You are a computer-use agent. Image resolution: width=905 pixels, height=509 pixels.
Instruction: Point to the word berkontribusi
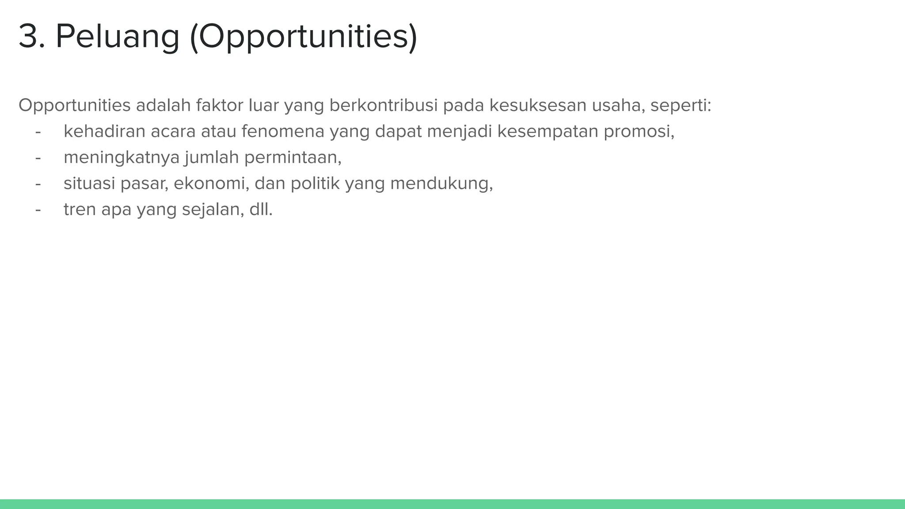click(x=384, y=106)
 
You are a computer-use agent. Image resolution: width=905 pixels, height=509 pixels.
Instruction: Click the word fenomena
click(x=283, y=131)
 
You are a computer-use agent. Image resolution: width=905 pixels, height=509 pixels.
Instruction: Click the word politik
click(x=315, y=183)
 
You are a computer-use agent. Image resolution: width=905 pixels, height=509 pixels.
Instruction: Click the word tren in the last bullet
click(x=80, y=209)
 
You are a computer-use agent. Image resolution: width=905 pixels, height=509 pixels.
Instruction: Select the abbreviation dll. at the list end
click(x=261, y=209)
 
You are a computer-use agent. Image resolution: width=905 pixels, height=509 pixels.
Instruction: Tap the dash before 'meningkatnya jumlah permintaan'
click(x=38, y=158)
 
